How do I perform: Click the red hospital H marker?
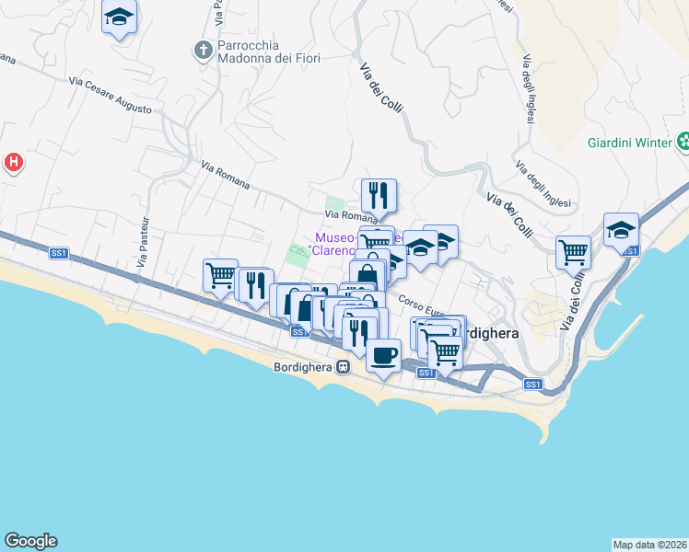(x=13, y=163)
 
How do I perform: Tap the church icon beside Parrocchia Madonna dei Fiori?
(x=204, y=49)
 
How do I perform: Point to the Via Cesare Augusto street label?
(x=110, y=96)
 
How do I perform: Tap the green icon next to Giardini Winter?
(x=683, y=142)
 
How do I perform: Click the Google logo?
(x=30, y=541)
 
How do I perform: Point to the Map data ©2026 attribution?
(x=649, y=545)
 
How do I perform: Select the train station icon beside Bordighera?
(x=343, y=366)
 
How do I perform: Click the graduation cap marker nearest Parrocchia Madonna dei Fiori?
(x=119, y=17)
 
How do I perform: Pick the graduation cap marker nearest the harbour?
(x=621, y=229)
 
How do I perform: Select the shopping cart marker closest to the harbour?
(x=573, y=250)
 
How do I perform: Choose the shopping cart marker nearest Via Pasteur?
(x=221, y=274)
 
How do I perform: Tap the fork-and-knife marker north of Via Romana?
(x=379, y=195)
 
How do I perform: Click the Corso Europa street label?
(x=422, y=305)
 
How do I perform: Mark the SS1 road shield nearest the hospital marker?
(x=59, y=252)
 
